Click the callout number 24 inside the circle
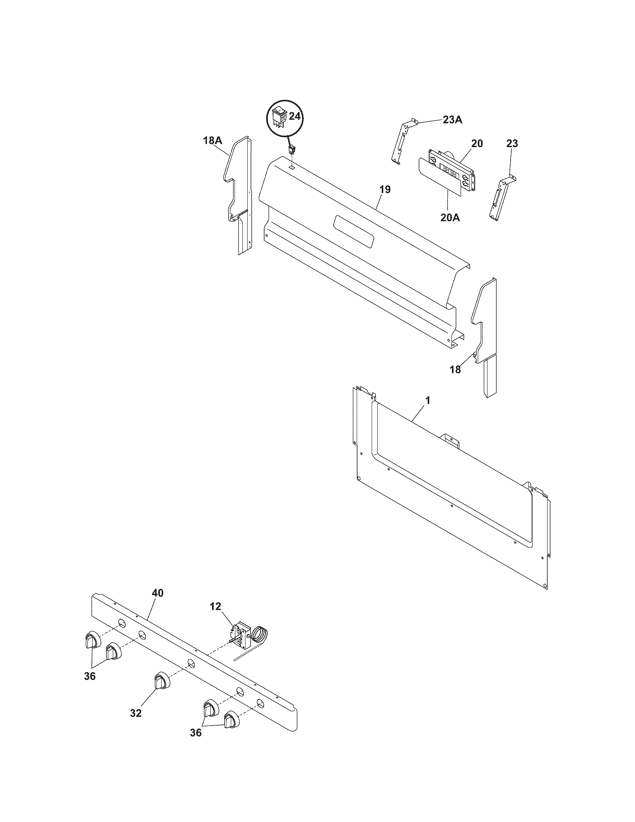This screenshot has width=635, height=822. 295,116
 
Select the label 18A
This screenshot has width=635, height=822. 213,141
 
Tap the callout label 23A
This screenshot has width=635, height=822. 452,120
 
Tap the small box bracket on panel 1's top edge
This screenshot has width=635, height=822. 450,441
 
